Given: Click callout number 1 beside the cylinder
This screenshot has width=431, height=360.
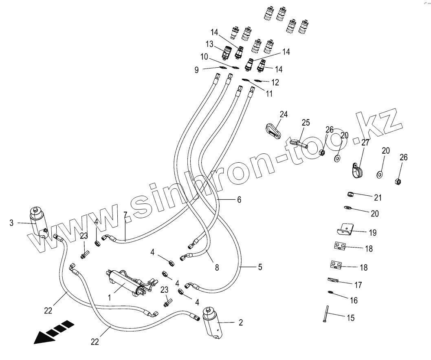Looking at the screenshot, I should point(109,298).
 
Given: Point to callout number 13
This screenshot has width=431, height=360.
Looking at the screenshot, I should point(209,44).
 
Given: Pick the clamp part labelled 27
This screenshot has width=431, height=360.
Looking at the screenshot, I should point(358,170).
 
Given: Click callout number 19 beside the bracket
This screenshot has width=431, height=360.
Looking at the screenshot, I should point(372,233).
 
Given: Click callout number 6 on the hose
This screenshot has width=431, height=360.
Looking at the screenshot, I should point(239,199).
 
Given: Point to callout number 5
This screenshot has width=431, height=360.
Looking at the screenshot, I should point(259,267).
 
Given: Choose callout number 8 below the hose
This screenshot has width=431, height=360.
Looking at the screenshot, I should point(217,268).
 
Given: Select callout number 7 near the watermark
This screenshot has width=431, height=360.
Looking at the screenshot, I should point(125,214).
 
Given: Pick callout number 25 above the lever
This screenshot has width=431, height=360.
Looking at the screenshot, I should point(306,122).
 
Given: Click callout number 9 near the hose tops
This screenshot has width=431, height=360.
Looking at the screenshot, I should point(196,70).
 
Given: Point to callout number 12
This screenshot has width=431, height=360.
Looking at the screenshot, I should point(275,82).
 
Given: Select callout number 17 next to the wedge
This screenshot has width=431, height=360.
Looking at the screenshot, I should point(358,284).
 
